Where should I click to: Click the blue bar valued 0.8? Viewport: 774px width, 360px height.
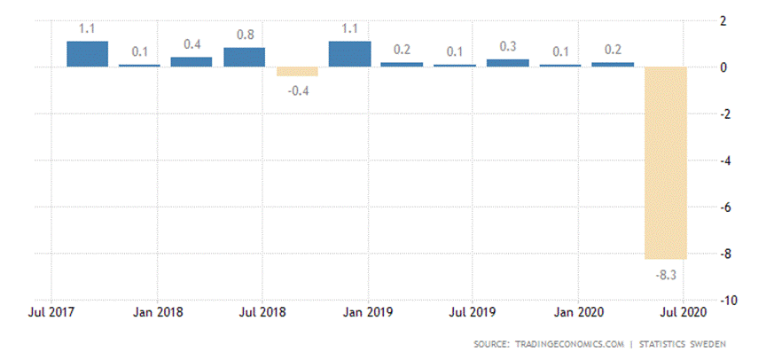pos(244,57)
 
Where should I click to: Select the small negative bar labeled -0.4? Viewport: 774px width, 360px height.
pos(296,72)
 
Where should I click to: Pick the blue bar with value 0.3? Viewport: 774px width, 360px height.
pos(507,63)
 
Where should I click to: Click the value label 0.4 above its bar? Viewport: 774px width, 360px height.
pos(192,44)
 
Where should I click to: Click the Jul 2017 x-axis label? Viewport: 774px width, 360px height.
pos(51,312)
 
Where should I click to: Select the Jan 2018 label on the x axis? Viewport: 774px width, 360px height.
pos(157,312)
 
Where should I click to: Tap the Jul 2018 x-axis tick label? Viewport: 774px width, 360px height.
pos(262,312)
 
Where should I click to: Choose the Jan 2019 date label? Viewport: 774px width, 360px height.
pos(368,312)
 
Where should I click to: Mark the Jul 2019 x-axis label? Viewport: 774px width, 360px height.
pos(473,312)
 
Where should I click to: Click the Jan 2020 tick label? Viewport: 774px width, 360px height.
pos(578,312)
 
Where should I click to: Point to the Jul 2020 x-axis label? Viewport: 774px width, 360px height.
pos(683,312)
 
